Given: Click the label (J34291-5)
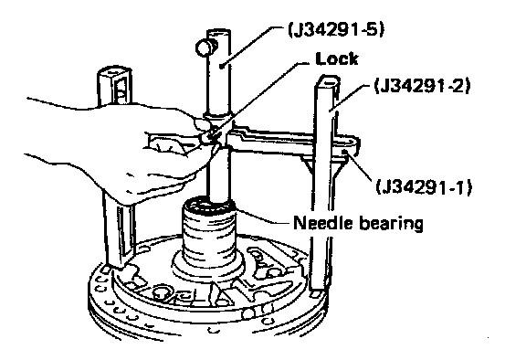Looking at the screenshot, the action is (x=336, y=30).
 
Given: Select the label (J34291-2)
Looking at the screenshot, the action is (x=423, y=86).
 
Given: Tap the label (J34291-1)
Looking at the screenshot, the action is (x=424, y=187).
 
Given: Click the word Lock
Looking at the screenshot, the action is (x=337, y=58).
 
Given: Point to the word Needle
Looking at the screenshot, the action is (x=323, y=223).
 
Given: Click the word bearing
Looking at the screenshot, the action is (x=391, y=224).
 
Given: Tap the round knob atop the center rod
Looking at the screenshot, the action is (x=205, y=48).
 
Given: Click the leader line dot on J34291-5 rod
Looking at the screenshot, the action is (x=221, y=66).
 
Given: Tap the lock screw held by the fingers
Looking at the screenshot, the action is (x=205, y=138).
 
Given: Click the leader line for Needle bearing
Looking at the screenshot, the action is (x=261, y=216).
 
